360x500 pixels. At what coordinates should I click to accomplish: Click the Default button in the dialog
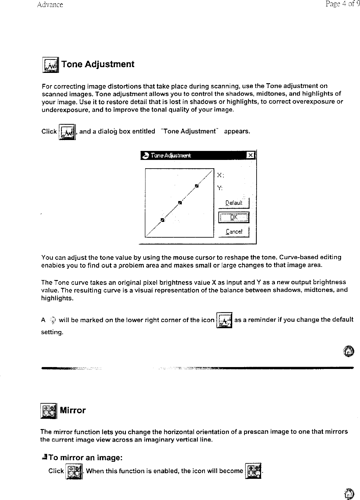coord(234,203)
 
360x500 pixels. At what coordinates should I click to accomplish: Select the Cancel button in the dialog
coord(234,232)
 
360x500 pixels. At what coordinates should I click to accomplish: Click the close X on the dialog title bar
coord(251,156)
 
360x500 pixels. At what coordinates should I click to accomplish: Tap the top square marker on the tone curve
coord(197,186)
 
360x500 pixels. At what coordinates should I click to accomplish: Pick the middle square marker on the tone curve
coord(180,203)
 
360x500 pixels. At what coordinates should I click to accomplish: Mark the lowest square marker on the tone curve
coord(162,220)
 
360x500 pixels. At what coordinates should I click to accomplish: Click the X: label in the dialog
coord(220,175)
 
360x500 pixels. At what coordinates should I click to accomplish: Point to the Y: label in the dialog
coord(220,188)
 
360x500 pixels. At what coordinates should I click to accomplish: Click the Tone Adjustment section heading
coord(98,64)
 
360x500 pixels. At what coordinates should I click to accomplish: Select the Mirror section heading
coord(73,410)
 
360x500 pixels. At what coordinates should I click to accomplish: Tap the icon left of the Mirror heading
coord(48,411)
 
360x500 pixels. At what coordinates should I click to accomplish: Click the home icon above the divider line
coord(348,351)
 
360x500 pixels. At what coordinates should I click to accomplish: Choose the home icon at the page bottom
coord(348,494)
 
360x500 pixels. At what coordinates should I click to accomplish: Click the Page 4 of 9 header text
coord(342,4)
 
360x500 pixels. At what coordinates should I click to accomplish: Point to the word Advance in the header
coord(50,5)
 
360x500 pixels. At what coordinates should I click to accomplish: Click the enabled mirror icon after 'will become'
coord(253,471)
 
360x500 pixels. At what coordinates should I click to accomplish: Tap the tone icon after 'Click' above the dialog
coord(67,132)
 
